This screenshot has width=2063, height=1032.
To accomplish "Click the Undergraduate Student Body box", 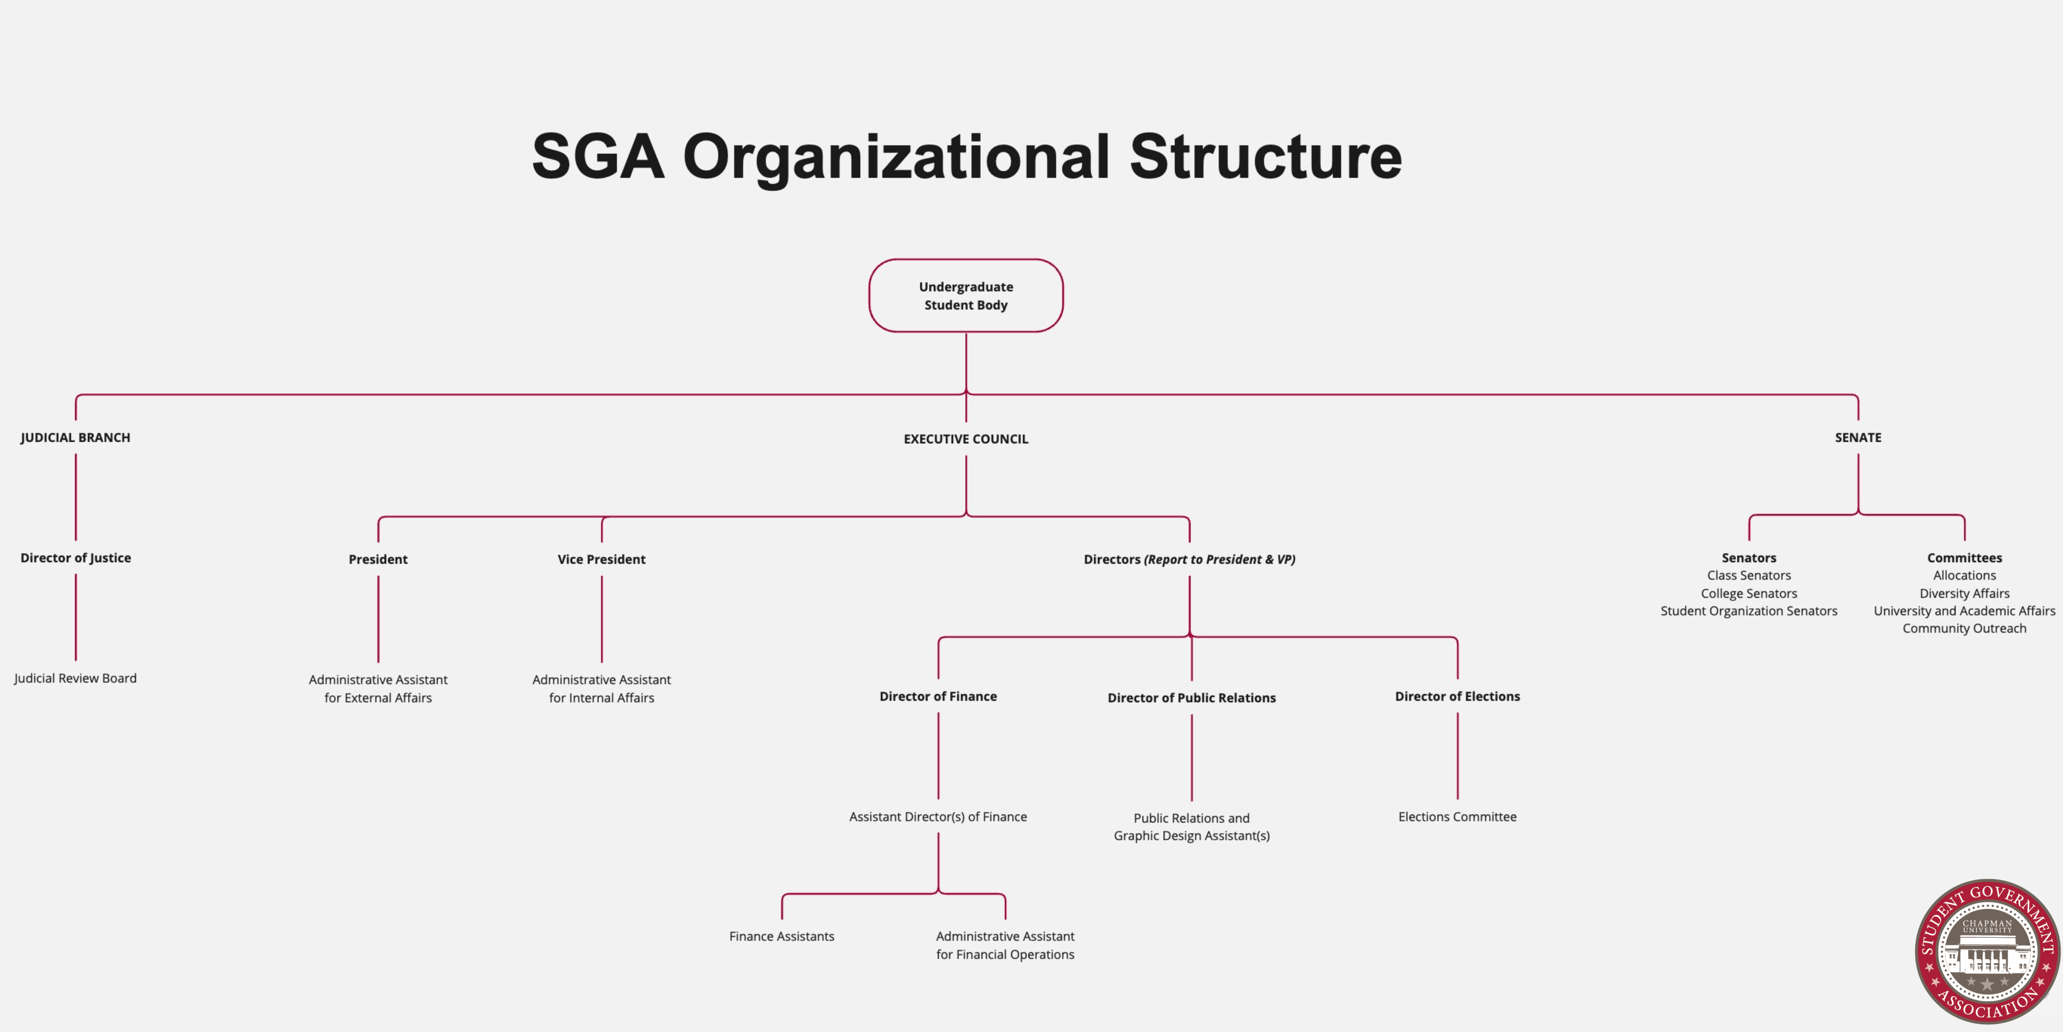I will point(966,296).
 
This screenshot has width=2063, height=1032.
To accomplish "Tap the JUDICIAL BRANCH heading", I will point(75,437).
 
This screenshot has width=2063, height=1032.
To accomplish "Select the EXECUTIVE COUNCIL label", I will point(966,439).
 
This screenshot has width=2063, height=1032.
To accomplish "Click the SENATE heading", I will point(1858,437).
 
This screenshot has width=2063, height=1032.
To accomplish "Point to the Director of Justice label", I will point(75,558).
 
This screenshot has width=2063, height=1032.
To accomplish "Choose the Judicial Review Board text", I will point(75,678).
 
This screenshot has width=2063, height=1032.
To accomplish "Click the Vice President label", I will point(601,559).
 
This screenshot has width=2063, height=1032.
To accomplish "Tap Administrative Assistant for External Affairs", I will point(378,688).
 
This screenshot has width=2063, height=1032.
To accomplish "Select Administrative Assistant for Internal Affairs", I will point(601,688).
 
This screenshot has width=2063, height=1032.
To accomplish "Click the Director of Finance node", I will point(938,696).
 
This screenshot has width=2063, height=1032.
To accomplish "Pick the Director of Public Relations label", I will point(1192,698).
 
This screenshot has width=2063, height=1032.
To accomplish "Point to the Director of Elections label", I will point(1457,696).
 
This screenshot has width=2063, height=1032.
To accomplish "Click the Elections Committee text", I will point(1457,816).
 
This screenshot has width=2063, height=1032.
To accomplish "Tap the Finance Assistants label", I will point(782,936).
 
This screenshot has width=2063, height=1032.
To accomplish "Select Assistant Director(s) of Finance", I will point(938,816).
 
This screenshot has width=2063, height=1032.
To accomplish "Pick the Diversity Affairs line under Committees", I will point(1965,593).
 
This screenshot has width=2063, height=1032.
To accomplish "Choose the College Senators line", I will point(1749,593).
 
